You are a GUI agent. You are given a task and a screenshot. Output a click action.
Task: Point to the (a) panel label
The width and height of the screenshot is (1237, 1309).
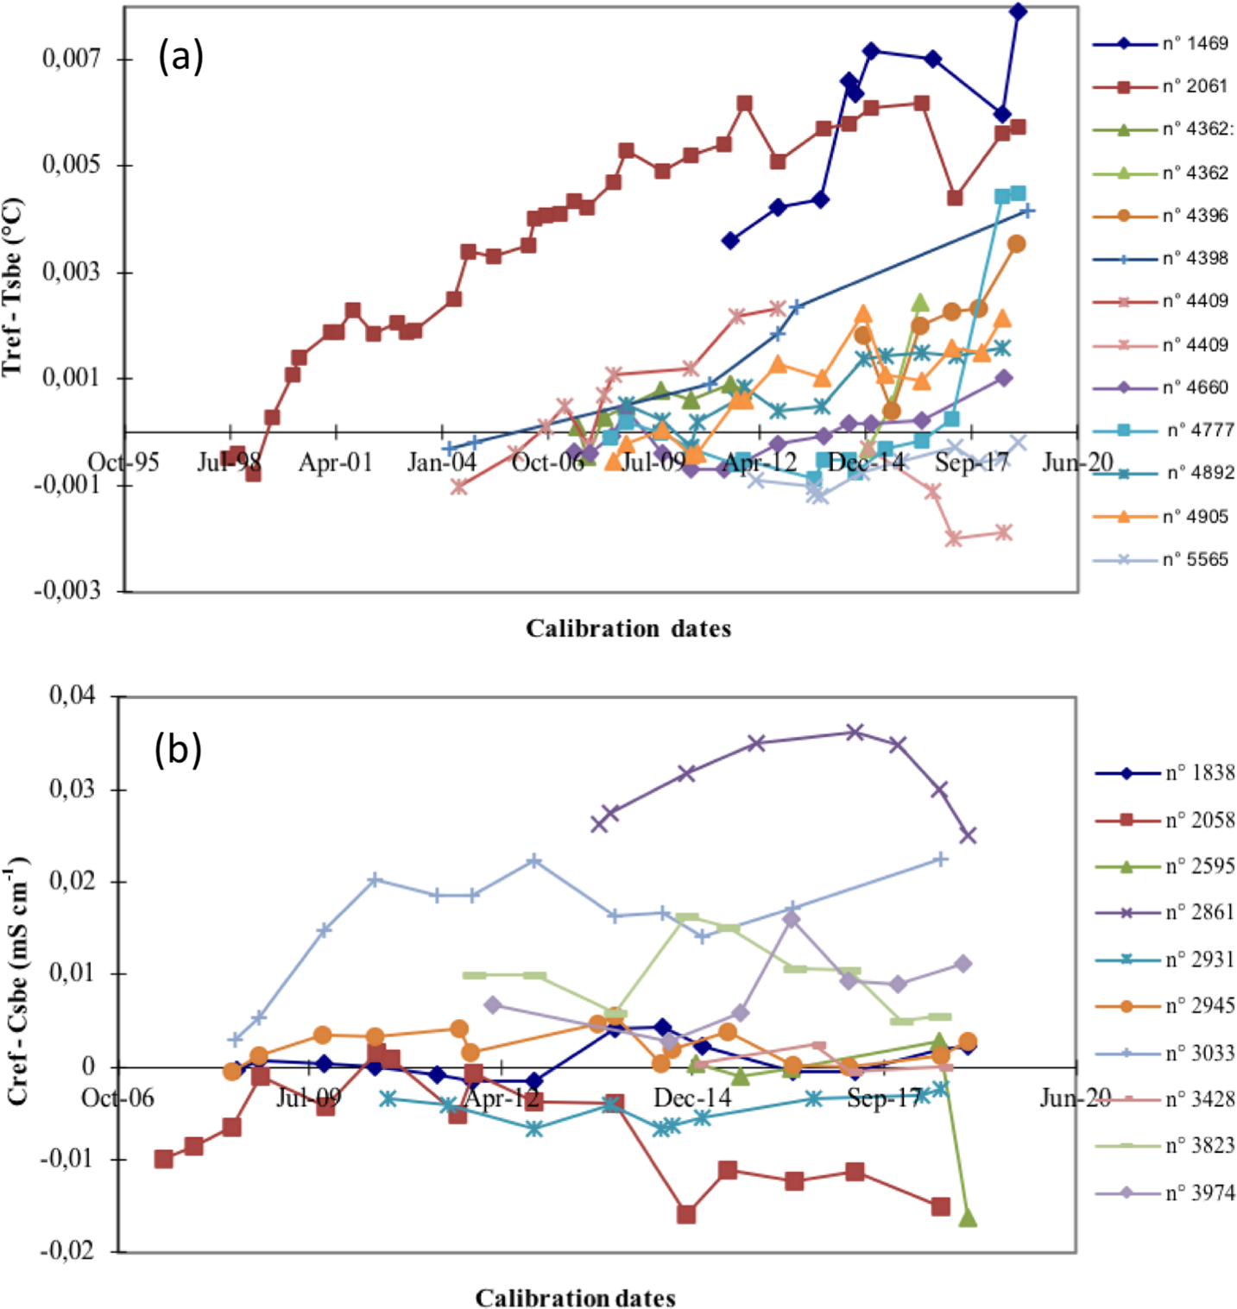[180, 57]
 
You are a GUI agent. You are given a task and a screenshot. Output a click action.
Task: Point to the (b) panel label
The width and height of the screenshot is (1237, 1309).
[178, 749]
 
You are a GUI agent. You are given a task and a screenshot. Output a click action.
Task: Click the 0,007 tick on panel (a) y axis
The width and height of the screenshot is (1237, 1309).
[72, 59]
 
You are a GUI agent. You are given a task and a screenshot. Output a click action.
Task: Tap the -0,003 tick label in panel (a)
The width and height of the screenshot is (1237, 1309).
[67, 591]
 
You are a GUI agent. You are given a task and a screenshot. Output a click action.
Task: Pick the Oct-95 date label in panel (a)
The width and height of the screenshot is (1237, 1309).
[124, 463]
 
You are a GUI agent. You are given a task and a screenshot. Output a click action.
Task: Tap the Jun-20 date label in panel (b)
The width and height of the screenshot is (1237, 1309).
[1075, 1098]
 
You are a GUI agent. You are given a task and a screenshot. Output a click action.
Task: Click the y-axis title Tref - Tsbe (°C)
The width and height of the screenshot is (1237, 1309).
[12, 288]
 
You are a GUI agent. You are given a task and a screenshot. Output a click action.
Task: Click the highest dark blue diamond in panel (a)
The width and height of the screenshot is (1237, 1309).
[1018, 11]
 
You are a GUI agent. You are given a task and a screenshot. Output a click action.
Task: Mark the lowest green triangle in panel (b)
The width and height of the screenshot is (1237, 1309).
[968, 1218]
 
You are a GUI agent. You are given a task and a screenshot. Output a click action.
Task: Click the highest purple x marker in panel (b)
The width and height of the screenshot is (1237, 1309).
[855, 733]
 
